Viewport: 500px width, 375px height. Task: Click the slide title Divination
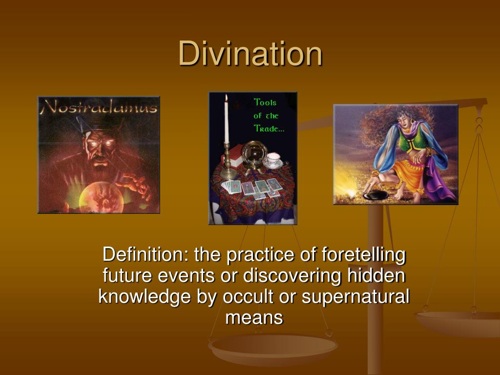[250, 54]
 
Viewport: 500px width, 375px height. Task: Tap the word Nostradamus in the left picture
[100, 106]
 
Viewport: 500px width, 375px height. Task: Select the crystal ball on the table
[253, 154]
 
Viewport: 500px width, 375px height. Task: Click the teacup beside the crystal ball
[273, 160]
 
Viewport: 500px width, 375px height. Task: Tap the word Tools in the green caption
[265, 103]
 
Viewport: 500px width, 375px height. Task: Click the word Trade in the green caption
[268, 128]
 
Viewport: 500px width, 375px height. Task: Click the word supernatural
[355, 297]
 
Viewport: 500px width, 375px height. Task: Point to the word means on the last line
[254, 318]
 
